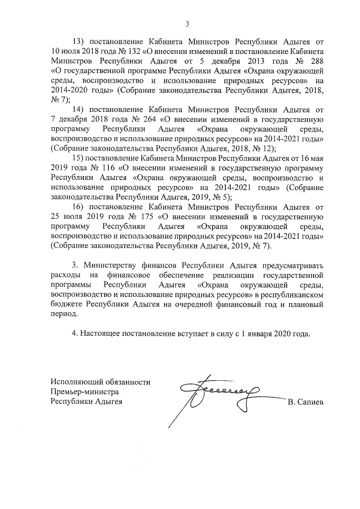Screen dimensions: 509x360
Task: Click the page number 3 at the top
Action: tap(187, 23)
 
